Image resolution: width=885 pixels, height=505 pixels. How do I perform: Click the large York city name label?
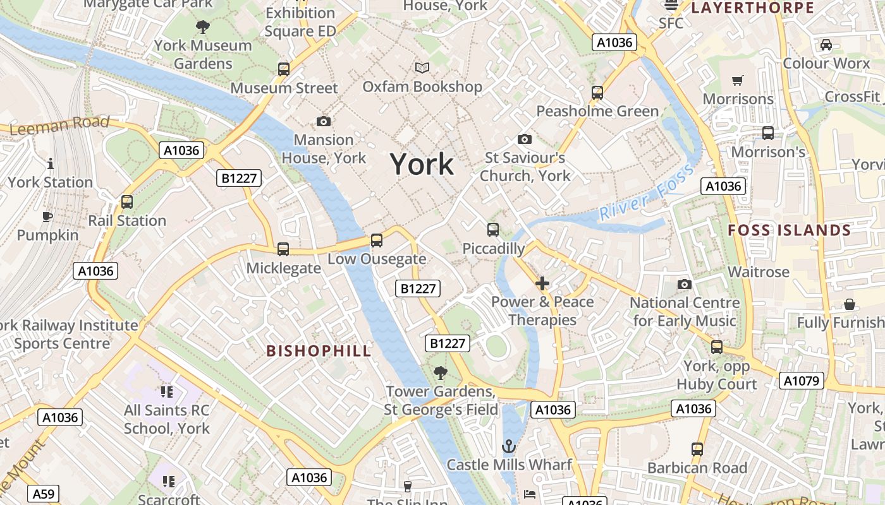click(422, 164)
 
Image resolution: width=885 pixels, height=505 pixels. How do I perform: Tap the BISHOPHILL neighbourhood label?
click(319, 351)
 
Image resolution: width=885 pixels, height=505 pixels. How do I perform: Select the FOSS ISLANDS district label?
click(789, 230)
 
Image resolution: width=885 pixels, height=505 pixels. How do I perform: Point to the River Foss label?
click(646, 192)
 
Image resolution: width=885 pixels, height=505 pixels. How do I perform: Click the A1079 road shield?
click(802, 381)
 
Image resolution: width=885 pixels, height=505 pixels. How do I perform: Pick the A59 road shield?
click(44, 494)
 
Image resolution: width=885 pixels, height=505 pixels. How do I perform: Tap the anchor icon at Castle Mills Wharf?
click(509, 447)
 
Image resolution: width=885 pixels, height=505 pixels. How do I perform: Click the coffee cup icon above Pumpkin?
click(47, 217)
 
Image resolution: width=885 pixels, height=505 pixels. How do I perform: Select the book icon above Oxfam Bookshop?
click(422, 68)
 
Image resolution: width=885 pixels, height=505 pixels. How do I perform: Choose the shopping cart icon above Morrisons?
click(738, 80)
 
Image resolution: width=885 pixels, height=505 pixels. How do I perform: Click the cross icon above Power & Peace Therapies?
click(542, 283)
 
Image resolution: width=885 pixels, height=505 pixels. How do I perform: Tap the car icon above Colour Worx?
click(826, 45)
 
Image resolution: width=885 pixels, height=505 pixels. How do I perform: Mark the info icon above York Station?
click(51, 164)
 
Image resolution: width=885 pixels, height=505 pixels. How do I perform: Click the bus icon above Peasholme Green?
click(597, 93)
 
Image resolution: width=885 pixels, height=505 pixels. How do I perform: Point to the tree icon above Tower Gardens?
click(441, 373)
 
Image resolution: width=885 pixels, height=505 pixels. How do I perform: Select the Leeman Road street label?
click(60, 125)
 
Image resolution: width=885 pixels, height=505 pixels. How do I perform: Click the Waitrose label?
click(759, 272)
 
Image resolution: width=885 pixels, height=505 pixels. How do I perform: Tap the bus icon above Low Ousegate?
click(377, 241)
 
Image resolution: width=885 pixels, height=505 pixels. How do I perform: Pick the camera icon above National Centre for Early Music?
click(684, 285)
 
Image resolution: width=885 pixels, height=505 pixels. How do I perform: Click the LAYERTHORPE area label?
click(752, 8)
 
